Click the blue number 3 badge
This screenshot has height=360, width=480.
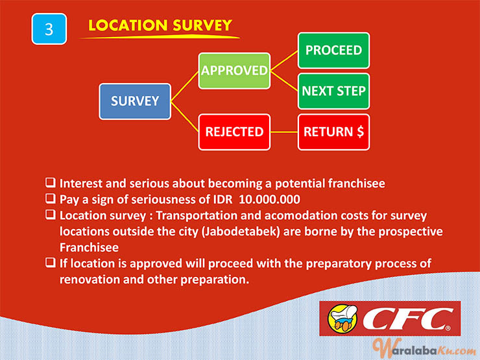click(x=49, y=29)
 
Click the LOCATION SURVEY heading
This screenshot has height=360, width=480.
click(x=160, y=25)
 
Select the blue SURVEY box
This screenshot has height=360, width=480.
click(x=135, y=101)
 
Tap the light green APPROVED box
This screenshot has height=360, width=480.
click(x=234, y=71)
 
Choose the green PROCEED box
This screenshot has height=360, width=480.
click(x=333, y=51)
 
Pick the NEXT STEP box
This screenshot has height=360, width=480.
click(x=333, y=91)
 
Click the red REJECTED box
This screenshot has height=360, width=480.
click(x=234, y=132)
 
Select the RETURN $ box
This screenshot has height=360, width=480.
click(x=333, y=132)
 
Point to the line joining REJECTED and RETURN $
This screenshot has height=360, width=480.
click(x=284, y=132)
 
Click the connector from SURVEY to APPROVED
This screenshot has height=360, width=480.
click(x=185, y=86)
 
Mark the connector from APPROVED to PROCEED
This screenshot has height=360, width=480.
click(x=284, y=60)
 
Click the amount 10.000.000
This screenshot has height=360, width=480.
click(x=269, y=199)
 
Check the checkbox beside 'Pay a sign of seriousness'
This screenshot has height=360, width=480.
click(x=51, y=198)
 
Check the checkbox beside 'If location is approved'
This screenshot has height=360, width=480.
click(x=51, y=263)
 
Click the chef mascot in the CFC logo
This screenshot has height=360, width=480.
click(x=342, y=318)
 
